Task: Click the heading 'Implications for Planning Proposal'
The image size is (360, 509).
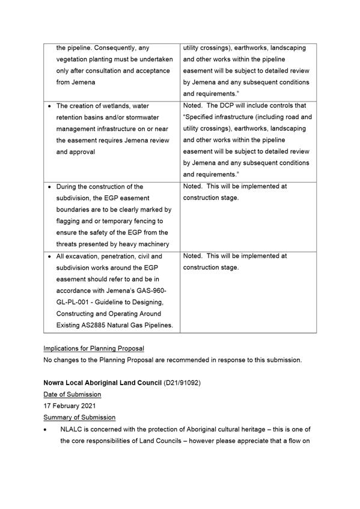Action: pyautogui.click(x=93, y=349)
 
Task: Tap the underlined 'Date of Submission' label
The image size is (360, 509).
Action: pyautogui.click(x=72, y=394)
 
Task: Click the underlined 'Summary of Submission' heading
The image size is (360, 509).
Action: pyautogui.click(x=79, y=417)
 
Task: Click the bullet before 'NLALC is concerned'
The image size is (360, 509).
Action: pyautogui.click(x=46, y=430)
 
